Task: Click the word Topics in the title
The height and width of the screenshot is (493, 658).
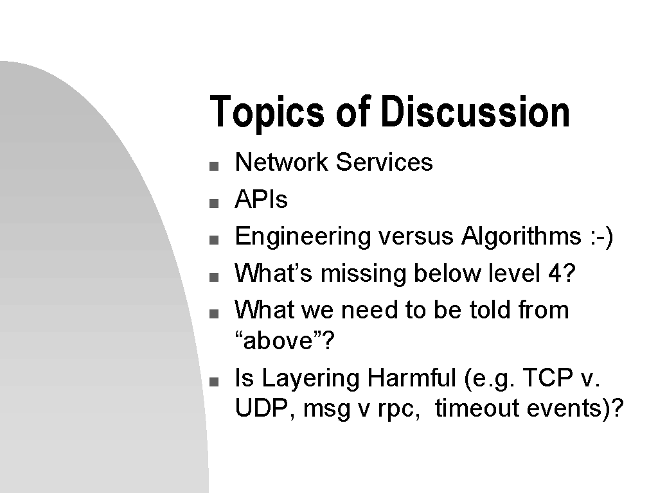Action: point(267,112)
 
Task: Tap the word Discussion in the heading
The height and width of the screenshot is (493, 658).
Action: point(476,111)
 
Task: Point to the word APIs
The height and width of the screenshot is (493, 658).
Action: point(261,199)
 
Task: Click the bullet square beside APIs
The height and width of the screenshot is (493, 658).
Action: point(214,203)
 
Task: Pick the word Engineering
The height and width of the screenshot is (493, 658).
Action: point(303,237)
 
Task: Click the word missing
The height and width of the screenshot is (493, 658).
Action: point(364,274)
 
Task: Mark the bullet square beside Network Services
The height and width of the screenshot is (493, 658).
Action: point(214,166)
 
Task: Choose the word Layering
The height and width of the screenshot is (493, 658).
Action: point(310,379)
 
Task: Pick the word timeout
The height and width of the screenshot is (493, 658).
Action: point(477,408)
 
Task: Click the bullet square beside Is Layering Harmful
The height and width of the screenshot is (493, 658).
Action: point(214,382)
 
